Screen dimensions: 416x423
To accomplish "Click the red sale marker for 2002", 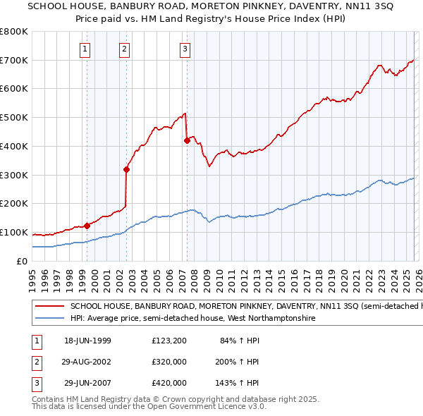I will [x=127, y=169].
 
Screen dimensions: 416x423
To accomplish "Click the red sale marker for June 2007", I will [x=187, y=140].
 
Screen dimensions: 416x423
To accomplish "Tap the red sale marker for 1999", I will [x=87, y=226].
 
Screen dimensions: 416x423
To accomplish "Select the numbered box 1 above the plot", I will [x=85, y=49].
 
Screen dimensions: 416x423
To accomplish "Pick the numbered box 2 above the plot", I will [x=124, y=49].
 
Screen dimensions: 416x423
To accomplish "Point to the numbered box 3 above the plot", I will [x=184, y=49].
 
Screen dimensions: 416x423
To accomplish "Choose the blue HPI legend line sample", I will [x=50, y=319].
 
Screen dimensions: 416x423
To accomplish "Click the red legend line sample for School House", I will [x=50, y=307].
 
